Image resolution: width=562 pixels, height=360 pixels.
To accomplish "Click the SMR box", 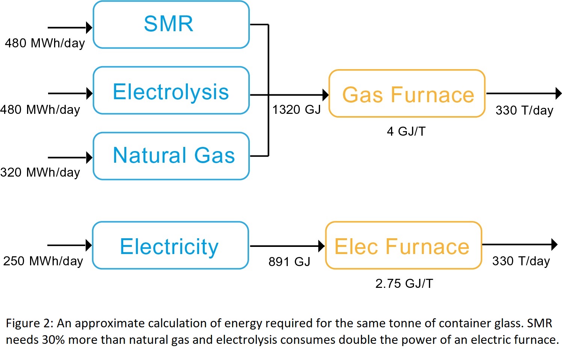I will (x=171, y=25).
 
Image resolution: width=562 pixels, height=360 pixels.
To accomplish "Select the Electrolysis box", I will (x=171, y=91).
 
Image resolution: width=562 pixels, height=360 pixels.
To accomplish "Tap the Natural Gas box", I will (x=171, y=156).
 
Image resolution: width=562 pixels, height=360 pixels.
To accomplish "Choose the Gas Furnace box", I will (x=407, y=94).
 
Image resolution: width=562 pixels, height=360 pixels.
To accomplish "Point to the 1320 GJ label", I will (x=296, y=110).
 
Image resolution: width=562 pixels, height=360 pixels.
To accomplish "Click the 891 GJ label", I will (x=289, y=262).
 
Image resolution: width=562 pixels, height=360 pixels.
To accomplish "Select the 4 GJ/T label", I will (x=406, y=132).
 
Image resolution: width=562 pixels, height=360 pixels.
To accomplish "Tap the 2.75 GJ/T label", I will (x=404, y=283).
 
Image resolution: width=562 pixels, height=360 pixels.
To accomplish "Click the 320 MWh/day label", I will (x=40, y=172).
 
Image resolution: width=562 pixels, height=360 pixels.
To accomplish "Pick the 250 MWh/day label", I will (x=43, y=261).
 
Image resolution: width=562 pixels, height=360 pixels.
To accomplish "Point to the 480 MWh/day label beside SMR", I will (x=45, y=43).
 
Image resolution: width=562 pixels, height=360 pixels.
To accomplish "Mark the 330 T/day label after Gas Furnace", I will (x=524, y=110).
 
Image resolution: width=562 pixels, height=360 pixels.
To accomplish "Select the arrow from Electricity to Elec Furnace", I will (x=287, y=246).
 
